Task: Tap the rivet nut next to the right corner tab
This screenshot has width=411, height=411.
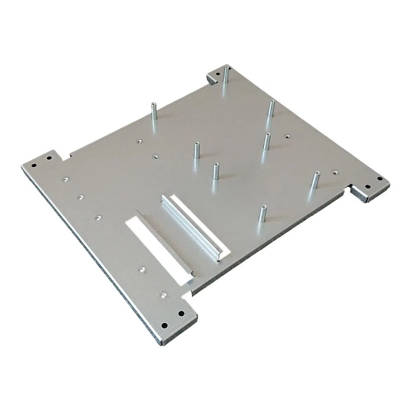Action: point(335,172)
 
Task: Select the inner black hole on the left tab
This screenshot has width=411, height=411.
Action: point(49,157)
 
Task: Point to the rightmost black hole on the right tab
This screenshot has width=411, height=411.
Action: point(379,178)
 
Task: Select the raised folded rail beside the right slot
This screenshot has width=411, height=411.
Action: point(191,226)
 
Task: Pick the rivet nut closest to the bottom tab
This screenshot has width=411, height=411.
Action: point(164,295)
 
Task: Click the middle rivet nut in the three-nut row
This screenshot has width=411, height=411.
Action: point(81,197)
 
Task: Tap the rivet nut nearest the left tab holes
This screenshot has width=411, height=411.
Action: point(65,179)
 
